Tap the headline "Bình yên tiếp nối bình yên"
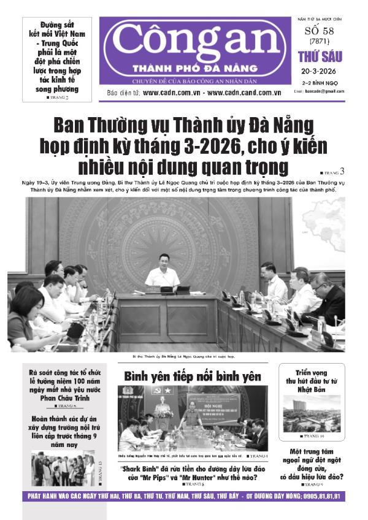pyautogui.click(x=193, y=376)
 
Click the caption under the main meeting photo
pyautogui.click(x=183, y=356)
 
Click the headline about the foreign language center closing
pyautogui.click(x=312, y=464)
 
